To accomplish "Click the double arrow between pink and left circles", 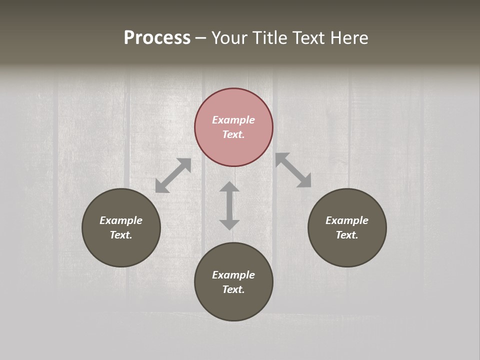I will (173, 175).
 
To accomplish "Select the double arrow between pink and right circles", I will (293, 170).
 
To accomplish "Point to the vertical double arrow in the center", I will (229, 205).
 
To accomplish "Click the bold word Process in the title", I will (157, 37).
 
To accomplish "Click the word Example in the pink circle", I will (233, 120).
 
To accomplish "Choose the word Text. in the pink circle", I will (233, 134).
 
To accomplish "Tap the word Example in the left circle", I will (121, 220).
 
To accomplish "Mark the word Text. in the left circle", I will (121, 235).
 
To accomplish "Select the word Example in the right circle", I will (347, 220).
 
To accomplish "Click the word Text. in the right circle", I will (347, 235).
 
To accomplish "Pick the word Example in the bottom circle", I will (233, 275).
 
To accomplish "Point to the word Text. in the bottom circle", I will (233, 289).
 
